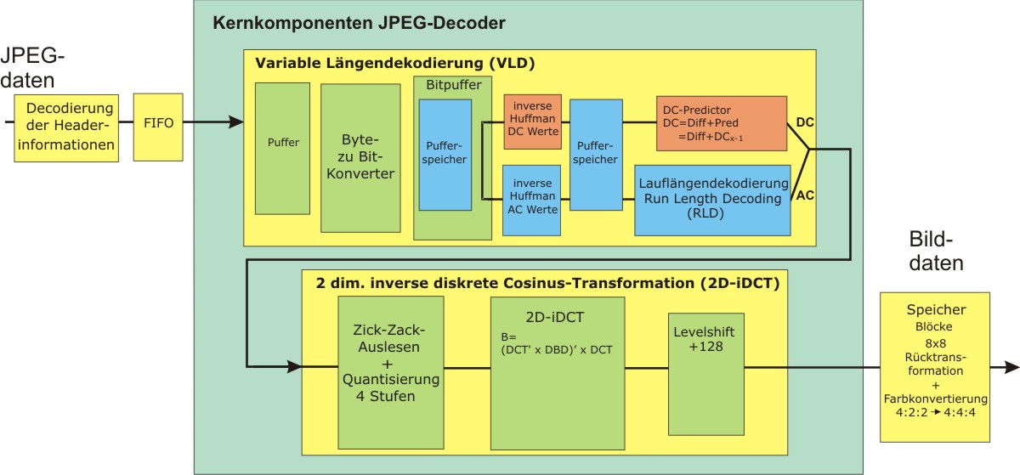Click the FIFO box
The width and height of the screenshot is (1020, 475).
click(158, 123)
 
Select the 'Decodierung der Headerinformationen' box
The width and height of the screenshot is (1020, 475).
click(69, 127)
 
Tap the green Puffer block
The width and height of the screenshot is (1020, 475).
click(283, 149)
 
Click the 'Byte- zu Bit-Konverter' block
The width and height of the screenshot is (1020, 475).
click(360, 157)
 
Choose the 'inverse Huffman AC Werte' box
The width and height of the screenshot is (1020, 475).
click(532, 200)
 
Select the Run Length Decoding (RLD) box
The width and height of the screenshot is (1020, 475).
click(712, 201)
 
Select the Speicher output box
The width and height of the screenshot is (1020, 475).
click(934, 366)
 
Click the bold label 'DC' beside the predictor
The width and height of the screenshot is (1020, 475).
click(806, 123)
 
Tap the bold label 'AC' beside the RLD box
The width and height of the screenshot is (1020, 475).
click(806, 195)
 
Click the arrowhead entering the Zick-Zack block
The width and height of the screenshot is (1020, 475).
click(294, 367)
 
